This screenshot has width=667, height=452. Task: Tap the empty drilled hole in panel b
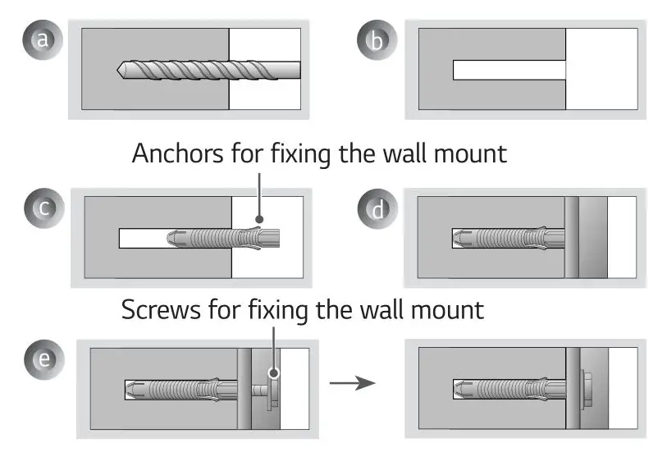(509, 70)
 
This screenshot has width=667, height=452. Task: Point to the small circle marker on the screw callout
(274, 372)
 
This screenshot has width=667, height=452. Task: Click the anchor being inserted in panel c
(222, 238)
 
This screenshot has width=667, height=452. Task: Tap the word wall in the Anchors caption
(418, 153)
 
